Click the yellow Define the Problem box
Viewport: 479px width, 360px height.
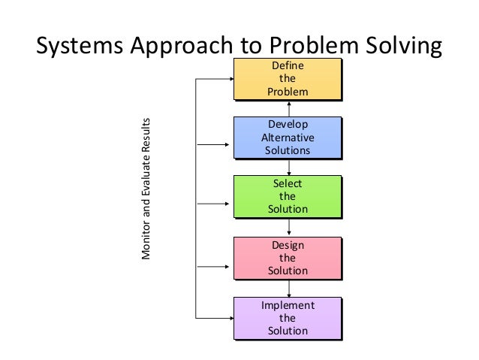(288, 79)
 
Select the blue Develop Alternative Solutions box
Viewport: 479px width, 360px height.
(288, 138)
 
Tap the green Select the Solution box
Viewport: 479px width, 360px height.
(288, 196)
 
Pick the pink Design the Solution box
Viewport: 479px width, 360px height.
(288, 257)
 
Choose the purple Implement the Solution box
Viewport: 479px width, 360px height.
(288, 318)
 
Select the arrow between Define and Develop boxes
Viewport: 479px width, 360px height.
(289, 108)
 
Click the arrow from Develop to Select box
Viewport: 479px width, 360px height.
(289, 168)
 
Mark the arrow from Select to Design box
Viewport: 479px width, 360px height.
(289, 227)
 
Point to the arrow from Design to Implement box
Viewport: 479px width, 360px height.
(289, 288)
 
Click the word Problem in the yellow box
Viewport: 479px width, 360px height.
(288, 91)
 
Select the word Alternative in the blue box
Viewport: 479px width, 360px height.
(288, 138)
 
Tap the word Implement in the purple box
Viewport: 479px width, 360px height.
(288, 306)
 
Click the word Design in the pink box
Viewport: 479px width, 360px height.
(288, 245)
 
